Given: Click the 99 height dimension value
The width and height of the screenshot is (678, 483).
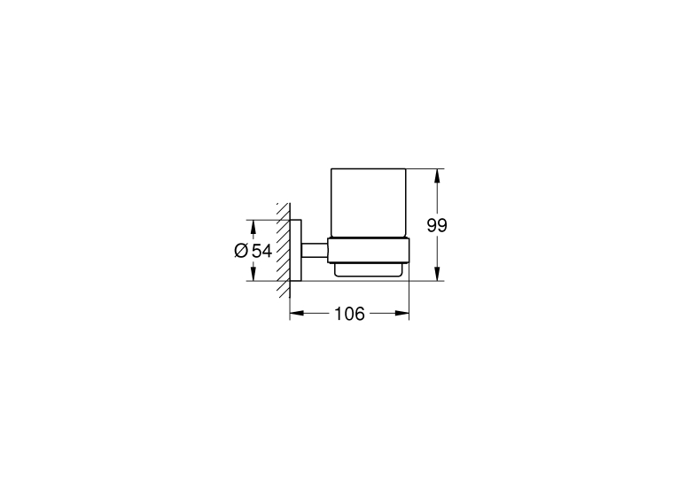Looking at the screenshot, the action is [437, 225].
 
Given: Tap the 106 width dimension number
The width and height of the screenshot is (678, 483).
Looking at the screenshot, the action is [350, 314].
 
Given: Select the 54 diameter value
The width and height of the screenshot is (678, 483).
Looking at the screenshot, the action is [261, 251].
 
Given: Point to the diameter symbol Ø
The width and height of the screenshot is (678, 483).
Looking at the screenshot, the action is [241, 251].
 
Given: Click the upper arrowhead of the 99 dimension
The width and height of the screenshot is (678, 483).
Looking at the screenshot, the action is [438, 175].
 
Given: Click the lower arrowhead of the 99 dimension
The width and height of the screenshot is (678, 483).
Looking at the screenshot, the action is [438, 274].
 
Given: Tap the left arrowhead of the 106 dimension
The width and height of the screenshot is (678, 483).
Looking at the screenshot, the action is [297, 313].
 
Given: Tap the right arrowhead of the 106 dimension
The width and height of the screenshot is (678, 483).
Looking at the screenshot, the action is [401, 313].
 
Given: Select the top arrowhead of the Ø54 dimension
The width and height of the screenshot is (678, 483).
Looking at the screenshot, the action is [253, 227].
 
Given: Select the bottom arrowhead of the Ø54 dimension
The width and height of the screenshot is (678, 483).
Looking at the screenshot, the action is [253, 274].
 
